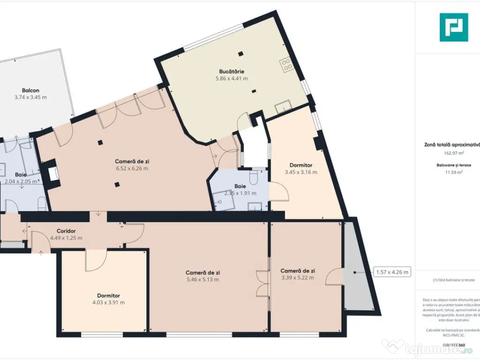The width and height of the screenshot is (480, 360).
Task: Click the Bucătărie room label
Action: tap(232, 72)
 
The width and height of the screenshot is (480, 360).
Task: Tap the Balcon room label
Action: tap(30, 90)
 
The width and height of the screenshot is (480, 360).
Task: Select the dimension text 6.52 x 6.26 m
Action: tap(132, 168)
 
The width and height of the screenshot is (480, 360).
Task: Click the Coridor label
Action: tap(66, 231)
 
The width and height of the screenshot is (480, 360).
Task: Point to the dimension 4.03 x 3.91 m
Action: tap(109, 302)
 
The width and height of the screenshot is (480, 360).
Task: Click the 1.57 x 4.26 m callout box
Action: tap(392, 272)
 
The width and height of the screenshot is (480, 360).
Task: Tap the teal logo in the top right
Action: tap(453, 27)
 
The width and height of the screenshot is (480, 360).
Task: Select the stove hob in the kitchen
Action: tap(287, 64)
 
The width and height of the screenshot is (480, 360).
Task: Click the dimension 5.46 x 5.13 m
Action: tap(202, 279)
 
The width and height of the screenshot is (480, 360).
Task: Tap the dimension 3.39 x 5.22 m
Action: tap(297, 277)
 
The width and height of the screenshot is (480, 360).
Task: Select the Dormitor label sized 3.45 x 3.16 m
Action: tap(301, 165)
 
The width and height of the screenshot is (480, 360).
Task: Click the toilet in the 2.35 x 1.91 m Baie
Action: tap(254, 178)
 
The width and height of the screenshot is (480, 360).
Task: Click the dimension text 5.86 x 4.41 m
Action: tap(232, 79)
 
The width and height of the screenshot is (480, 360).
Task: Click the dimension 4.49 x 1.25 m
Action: tap(66, 238)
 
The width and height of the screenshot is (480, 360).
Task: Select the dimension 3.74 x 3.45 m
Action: tap(30, 97)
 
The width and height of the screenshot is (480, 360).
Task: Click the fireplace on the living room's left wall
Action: tap(52, 172)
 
